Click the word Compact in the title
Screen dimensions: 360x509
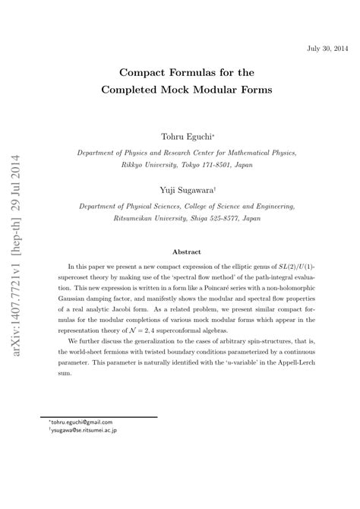pyautogui.click(x=147, y=73)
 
